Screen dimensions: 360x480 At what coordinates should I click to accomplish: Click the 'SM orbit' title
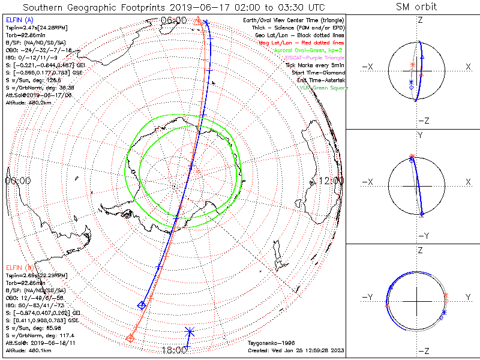417,7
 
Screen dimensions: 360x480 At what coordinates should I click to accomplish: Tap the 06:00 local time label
175,20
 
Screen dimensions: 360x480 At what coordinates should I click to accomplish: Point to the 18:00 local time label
174,349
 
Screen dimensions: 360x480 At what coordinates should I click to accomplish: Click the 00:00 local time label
18,181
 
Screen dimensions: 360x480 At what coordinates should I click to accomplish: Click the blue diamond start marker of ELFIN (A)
142,305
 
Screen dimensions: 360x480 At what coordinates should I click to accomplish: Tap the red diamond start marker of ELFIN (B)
130,339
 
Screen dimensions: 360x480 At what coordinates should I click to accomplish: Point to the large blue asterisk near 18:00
190,331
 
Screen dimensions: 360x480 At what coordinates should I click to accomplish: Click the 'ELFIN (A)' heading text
19,20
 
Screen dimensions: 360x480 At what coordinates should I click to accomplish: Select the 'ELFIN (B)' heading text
19,267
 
